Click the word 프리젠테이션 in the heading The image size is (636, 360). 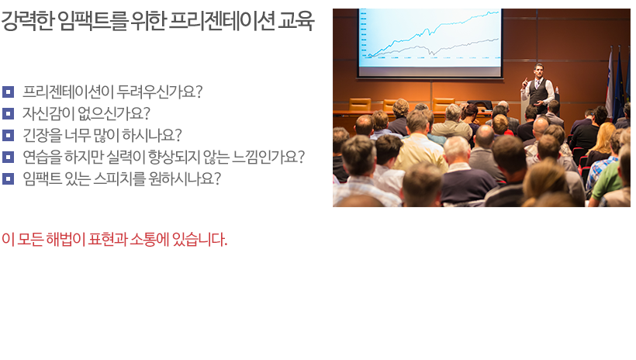coord(221,21)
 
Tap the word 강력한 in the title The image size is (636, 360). coord(27,21)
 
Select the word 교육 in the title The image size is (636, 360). coord(296,21)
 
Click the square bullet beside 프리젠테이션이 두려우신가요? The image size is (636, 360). coord(8,92)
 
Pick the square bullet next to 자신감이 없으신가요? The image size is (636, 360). coord(8,113)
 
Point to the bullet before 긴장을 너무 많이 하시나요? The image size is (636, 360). coord(8,135)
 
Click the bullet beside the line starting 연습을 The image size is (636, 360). coord(8,157)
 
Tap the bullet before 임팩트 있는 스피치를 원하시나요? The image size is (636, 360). coord(8,178)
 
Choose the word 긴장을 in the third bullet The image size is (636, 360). coord(42,135)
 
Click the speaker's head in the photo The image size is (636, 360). coord(538,70)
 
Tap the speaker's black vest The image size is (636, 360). coord(539,92)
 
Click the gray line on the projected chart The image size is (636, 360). coord(434,48)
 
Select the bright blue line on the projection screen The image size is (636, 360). coord(434,33)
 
